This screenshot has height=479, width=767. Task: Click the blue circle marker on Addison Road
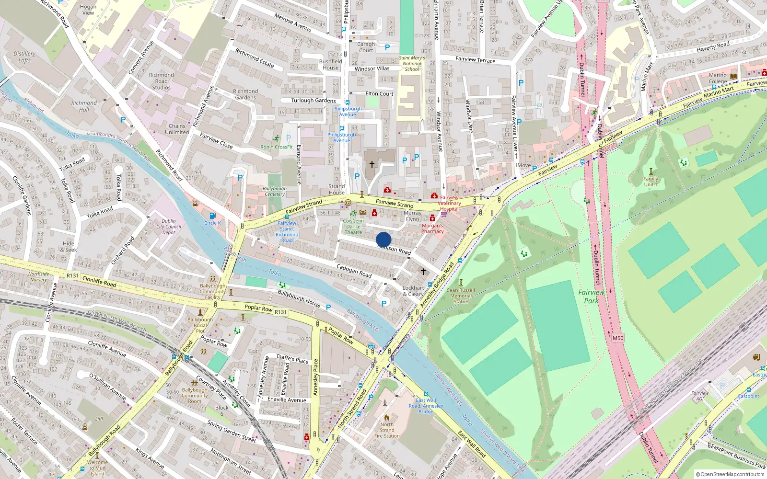coord(383,239)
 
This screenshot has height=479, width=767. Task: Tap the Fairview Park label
coord(591,296)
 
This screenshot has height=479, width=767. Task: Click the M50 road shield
coord(618,338)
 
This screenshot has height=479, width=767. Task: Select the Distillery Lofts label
coord(24,57)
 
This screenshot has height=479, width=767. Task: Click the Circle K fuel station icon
coord(213,216)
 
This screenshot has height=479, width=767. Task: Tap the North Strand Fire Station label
coord(387,430)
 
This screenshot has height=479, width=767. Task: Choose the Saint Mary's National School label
coord(412,63)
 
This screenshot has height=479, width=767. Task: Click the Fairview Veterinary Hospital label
coord(449,203)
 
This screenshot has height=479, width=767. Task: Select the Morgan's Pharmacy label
coord(432,228)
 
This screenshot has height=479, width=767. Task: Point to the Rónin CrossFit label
coord(277,147)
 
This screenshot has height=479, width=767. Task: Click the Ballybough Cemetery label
coord(275,191)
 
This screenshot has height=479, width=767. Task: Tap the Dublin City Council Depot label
coord(169,227)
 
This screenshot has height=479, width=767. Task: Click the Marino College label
coord(718,78)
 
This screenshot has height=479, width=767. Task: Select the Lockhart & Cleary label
coord(413,291)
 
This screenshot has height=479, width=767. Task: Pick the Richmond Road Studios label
coord(162,81)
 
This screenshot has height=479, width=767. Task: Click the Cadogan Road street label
coord(354,271)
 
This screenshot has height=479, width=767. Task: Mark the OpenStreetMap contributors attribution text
coord(730,474)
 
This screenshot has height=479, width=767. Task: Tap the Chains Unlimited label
coord(177,129)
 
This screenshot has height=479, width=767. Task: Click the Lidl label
coord(99,419)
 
